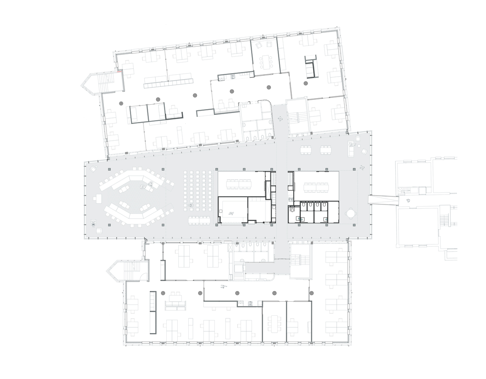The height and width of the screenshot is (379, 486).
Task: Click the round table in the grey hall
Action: pyautogui.click(x=351, y=214)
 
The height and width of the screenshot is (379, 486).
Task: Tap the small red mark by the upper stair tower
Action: pyautogui.click(x=119, y=70)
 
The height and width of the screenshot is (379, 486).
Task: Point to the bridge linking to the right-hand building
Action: pyautogui.click(x=383, y=199)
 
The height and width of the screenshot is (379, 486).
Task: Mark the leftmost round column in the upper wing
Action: pyautogui.click(x=121, y=103)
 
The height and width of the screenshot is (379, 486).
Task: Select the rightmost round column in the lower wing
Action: pyautogui.click(x=311, y=293)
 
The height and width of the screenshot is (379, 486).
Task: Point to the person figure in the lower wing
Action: pyautogui.click(x=223, y=287)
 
